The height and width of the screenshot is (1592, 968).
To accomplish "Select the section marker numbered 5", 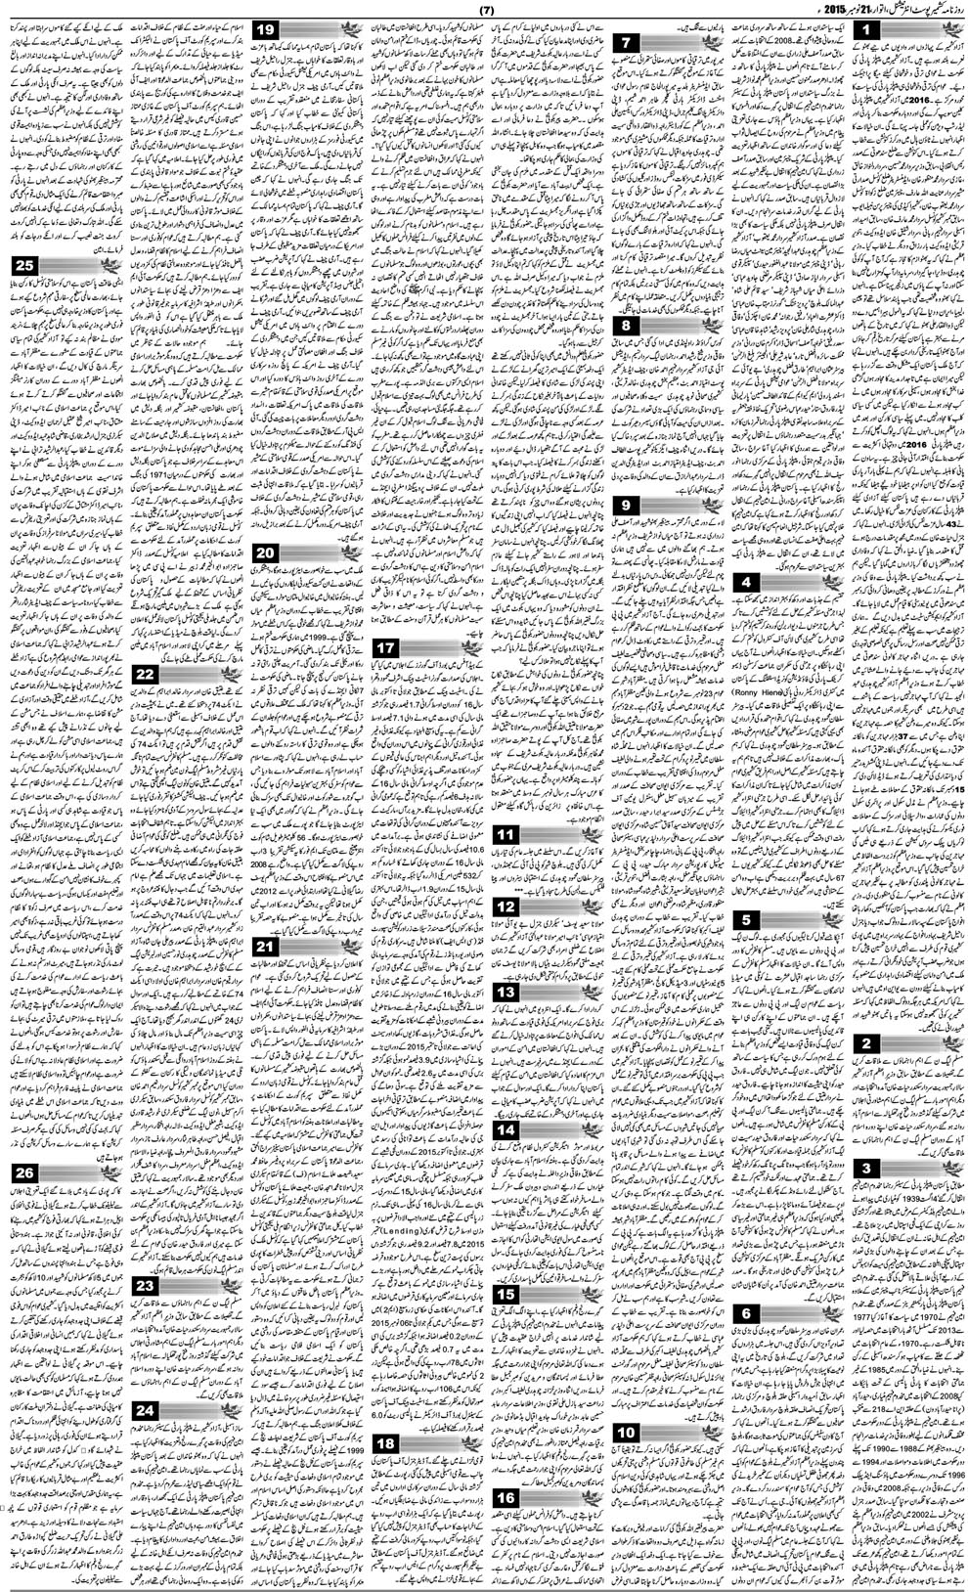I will point(746,919).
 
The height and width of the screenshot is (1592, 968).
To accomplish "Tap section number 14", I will point(506,1130).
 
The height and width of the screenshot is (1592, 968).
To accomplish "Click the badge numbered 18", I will point(385,1389).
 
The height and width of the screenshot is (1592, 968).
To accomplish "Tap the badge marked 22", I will point(145,675).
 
